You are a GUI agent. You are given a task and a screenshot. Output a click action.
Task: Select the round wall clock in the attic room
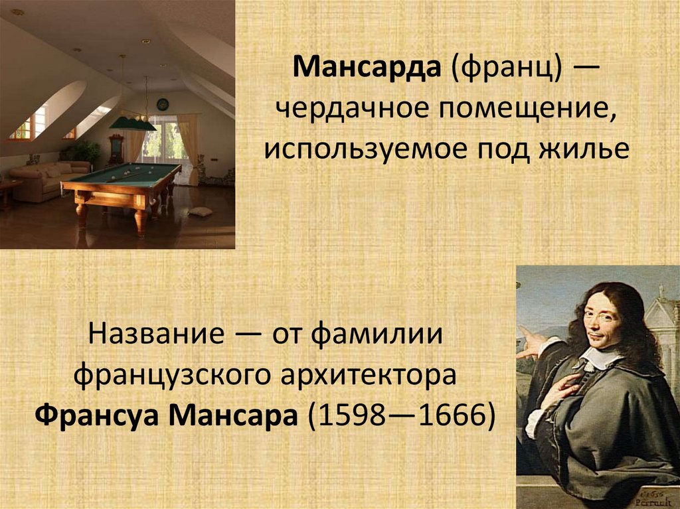click(162, 104)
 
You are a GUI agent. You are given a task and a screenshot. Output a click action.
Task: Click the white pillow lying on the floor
click(201, 211)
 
